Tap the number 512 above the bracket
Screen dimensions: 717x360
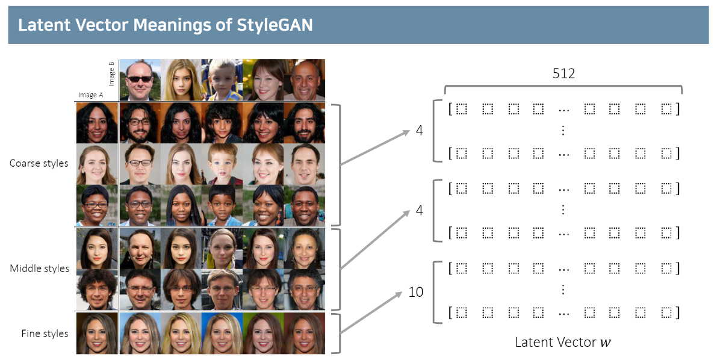pos(563,74)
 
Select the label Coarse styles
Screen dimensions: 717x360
pos(39,163)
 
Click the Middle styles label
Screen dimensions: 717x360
pos(40,268)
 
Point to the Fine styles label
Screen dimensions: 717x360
pos(45,333)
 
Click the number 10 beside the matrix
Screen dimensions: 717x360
pos(416,293)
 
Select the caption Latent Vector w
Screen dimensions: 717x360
pos(563,343)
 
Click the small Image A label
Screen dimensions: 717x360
pos(90,95)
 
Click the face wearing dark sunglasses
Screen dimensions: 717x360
pos(140,79)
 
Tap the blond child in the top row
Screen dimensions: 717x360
pos(222,79)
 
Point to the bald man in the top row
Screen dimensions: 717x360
pos(304,79)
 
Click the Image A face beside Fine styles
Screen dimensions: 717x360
pos(97,333)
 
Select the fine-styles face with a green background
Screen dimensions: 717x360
pos(263,333)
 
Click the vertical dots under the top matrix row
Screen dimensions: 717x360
pos(563,131)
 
